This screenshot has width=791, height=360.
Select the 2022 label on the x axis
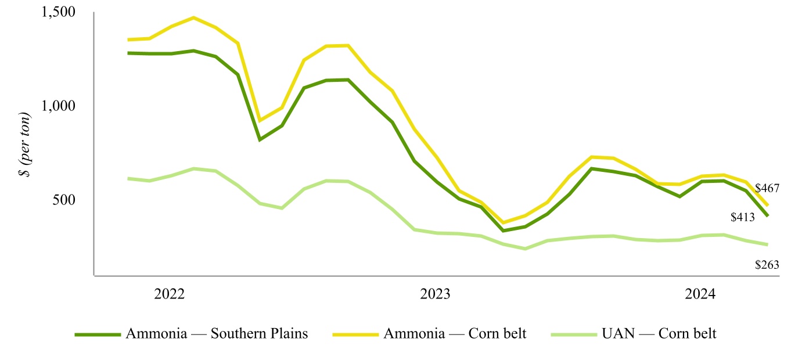coord(170,293)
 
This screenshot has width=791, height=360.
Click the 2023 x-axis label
coord(436,293)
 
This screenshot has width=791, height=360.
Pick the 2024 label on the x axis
coord(701,293)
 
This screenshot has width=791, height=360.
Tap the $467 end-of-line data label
coord(767,188)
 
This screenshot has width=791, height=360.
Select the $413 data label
coord(742,218)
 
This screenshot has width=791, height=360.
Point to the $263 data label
coord(767,264)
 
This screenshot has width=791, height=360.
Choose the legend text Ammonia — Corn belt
coord(455,334)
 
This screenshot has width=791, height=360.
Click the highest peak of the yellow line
coord(193,17)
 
